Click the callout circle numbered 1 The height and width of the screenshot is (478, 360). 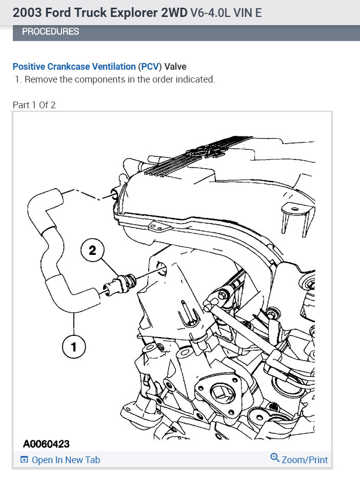[74, 348]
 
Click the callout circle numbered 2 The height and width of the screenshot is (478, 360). [92, 250]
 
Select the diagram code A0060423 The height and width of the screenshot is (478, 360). [46, 443]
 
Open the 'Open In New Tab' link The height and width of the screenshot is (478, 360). [66, 460]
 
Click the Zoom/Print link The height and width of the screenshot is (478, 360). [305, 460]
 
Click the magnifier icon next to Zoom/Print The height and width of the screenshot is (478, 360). [275, 459]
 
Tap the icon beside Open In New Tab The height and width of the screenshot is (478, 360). [24, 460]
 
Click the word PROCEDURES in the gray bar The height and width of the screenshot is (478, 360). [50, 32]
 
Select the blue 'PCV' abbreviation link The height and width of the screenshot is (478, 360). [150, 67]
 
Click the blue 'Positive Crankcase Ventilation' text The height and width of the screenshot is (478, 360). [74, 67]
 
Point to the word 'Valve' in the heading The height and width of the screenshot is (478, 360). [175, 67]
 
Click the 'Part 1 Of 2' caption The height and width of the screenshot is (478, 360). [34, 105]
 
